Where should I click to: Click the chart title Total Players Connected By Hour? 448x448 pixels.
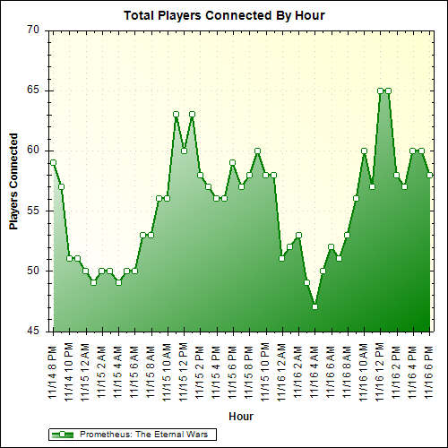point(224,15)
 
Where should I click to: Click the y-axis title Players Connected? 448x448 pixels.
point(14,181)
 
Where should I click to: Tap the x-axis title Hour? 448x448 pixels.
point(241,417)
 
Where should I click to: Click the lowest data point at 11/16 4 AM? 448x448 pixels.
point(314,306)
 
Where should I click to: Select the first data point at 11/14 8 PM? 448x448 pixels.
point(53,162)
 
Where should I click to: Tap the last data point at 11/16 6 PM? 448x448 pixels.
point(430,175)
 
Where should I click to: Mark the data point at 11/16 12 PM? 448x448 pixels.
point(380,90)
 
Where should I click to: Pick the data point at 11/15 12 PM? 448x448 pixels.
point(184,151)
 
